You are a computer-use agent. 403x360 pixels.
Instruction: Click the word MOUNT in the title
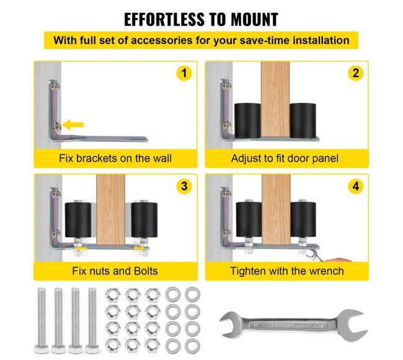254,19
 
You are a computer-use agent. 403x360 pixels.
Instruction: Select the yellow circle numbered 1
184,73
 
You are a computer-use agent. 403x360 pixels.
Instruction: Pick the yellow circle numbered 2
355,73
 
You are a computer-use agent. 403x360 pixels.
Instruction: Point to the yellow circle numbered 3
184,186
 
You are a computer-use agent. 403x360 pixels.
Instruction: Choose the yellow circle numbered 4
355,186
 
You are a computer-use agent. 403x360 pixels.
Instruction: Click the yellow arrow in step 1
73,125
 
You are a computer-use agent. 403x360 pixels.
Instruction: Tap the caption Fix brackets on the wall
115,158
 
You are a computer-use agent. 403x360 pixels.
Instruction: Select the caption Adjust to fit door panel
285,159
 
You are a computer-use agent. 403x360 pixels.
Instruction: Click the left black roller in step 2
247,121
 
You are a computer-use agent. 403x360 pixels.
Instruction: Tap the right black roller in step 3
144,220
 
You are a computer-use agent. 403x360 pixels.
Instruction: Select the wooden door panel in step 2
275,100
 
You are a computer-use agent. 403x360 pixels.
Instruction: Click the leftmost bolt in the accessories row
42,321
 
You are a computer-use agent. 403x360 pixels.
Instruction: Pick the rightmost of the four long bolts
92,321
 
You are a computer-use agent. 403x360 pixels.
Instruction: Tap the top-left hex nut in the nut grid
113,295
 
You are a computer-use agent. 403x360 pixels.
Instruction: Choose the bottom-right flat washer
192,346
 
